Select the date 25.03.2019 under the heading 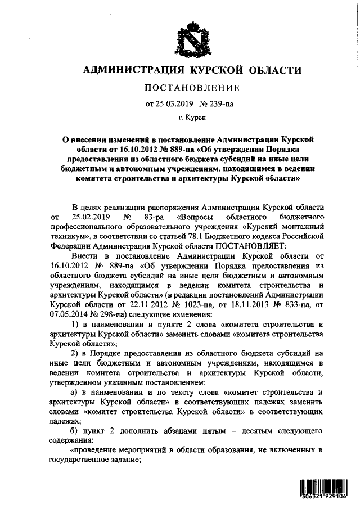[x=170, y=103]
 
